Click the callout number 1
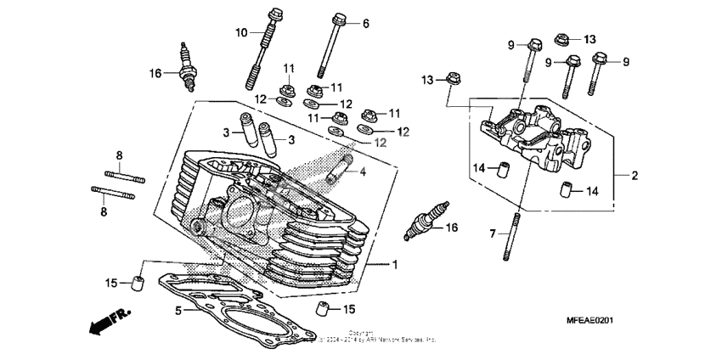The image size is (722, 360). [394, 265]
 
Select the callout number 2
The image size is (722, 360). [634, 176]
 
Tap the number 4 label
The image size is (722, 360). [363, 172]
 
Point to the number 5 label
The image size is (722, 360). [178, 311]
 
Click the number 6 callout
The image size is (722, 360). [366, 24]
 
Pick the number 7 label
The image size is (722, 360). [490, 232]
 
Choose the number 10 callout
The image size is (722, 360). [241, 32]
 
